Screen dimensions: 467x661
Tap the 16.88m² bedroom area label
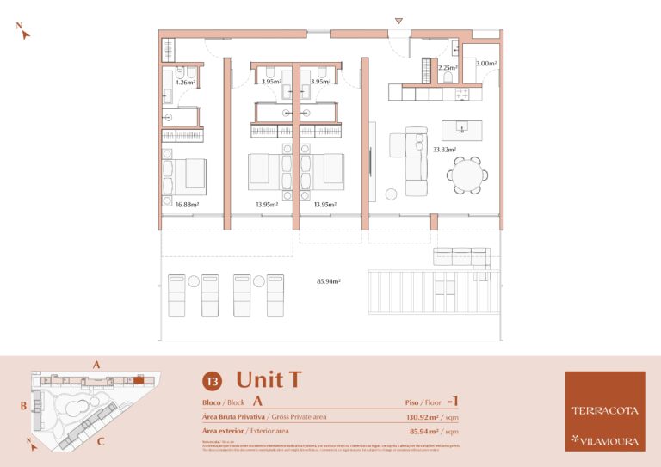coord(187,205)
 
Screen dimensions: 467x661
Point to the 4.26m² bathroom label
coord(185,83)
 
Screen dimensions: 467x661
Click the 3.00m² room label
coord(485,64)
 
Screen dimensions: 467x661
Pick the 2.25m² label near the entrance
coord(447,67)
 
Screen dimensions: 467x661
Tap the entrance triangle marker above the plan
coord(398,20)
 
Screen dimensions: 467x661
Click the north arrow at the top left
coord(24,32)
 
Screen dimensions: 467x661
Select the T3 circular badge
coord(211,380)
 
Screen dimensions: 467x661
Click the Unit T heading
coord(269,379)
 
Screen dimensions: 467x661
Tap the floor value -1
coord(454,401)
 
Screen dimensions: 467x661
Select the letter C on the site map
coord(101,442)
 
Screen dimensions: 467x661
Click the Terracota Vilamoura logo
coord(604,411)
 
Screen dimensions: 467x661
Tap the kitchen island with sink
coord(462,130)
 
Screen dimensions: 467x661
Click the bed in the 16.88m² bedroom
coord(186,175)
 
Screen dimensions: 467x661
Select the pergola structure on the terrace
coord(434,292)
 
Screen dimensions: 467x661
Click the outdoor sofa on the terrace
coord(461,256)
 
